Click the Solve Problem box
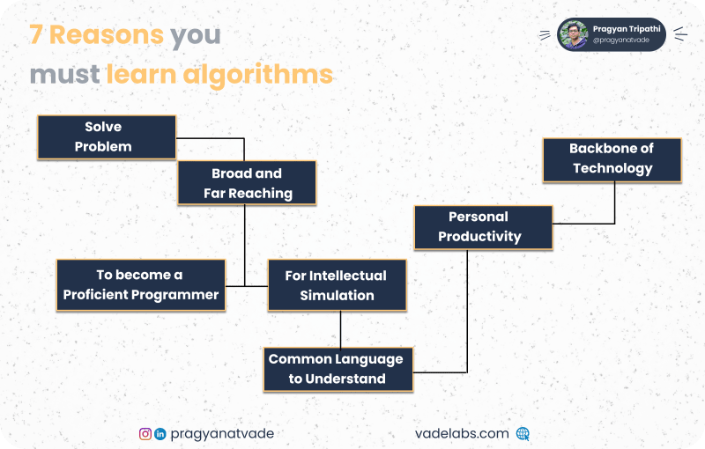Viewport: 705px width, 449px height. [107, 137]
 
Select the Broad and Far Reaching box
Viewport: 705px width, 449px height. [247, 183]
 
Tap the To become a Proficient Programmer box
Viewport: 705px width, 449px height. [141, 285]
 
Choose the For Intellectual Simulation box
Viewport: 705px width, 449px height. [338, 285]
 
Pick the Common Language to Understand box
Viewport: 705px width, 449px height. [338, 369]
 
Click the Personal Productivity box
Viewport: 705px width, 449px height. [483, 227]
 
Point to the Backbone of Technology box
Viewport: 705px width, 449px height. [612, 160]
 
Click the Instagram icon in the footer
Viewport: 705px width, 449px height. [145, 434]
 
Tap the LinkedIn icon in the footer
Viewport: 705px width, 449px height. [160, 434]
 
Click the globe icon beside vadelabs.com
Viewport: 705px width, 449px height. [523, 433]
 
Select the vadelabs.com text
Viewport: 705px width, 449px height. [462, 433]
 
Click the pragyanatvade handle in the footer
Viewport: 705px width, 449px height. [222, 434]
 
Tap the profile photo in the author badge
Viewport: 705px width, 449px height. [573, 34]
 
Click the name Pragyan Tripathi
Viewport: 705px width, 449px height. [627, 29]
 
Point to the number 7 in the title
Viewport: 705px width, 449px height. [36, 34]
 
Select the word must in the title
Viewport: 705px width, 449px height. [64, 75]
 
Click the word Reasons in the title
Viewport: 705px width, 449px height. [107, 34]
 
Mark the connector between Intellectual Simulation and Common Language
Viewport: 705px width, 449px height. [340, 329]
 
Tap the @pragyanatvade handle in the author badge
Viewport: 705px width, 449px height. [621, 40]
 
